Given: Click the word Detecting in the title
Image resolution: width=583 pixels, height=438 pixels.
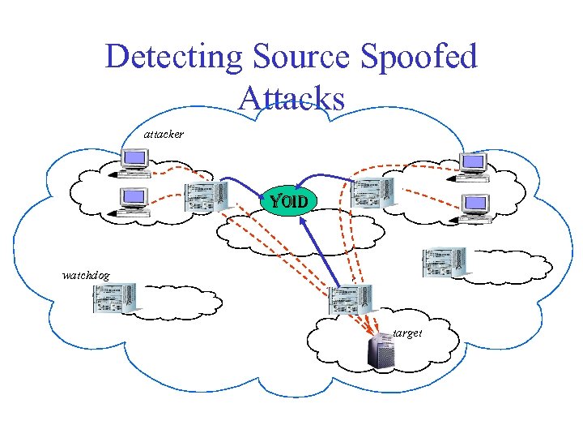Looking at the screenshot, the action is [174, 57].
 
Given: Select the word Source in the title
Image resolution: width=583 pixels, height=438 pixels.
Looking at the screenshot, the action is [301, 56].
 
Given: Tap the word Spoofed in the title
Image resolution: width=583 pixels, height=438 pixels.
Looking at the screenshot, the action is [419, 57].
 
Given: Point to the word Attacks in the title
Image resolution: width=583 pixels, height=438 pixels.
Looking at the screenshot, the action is [291, 97].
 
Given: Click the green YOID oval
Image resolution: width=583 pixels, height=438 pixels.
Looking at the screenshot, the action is [289, 201].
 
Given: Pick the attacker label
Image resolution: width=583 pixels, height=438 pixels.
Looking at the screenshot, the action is [164, 134].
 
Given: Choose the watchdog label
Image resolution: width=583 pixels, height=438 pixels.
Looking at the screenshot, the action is [86, 276].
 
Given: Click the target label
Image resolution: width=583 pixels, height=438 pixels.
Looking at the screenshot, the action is [407, 333].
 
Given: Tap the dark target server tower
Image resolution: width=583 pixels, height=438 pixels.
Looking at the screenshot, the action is [381, 351].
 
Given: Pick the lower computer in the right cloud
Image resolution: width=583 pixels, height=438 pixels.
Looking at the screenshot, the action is [473, 208].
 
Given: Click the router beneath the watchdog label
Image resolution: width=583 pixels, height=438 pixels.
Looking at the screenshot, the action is [116, 298].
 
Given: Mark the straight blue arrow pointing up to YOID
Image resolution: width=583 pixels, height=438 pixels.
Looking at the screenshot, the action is [320, 252].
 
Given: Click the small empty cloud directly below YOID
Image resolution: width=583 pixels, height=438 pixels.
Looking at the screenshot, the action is [300, 233].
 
